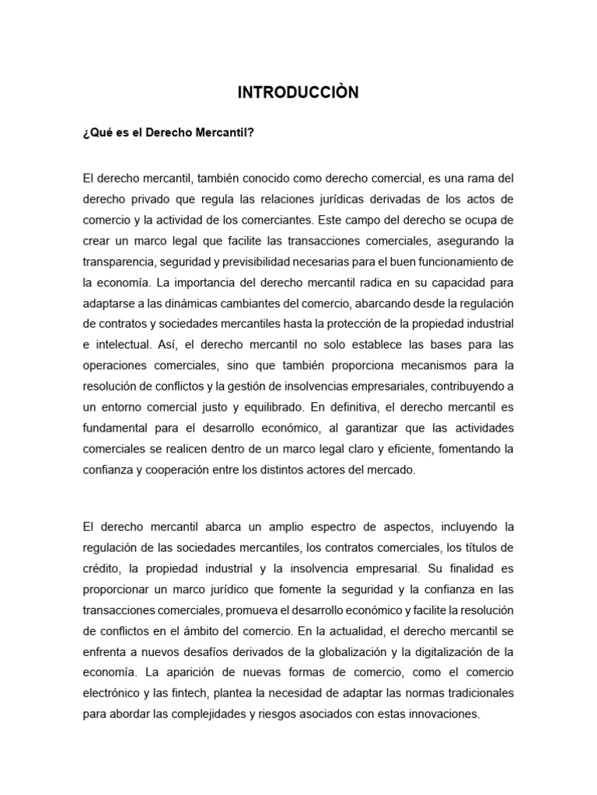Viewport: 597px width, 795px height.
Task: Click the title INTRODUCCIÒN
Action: (x=298, y=93)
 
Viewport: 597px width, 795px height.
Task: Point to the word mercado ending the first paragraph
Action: (x=393, y=470)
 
